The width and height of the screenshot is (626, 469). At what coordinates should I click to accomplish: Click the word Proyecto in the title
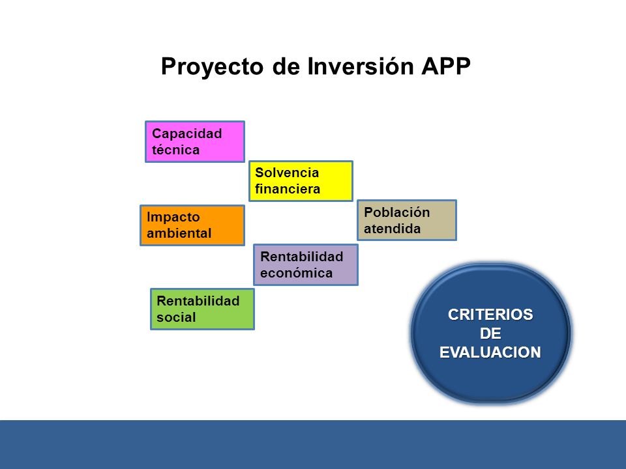click(212, 67)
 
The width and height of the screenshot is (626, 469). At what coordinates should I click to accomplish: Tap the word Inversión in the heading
click(361, 66)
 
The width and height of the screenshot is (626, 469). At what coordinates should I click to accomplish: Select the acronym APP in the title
click(446, 66)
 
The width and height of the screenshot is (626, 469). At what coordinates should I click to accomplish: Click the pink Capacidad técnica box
click(195, 141)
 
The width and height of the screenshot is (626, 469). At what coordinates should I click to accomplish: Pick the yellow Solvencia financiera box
click(301, 181)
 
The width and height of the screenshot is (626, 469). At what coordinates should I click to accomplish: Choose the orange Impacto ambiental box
click(192, 225)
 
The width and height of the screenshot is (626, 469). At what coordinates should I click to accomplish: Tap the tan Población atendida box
click(407, 220)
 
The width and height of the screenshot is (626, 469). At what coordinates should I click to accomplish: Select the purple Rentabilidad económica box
click(306, 265)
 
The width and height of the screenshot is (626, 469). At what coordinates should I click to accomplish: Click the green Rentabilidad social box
click(202, 309)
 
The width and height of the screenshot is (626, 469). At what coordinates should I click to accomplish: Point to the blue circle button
click(490, 334)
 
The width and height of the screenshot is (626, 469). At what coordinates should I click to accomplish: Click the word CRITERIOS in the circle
click(490, 315)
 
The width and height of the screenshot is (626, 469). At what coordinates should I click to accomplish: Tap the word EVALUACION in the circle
click(490, 352)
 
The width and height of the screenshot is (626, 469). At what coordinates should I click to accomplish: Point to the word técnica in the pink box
click(175, 150)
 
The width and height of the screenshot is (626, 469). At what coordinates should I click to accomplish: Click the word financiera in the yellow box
click(288, 189)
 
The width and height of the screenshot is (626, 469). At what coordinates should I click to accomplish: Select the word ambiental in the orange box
click(179, 233)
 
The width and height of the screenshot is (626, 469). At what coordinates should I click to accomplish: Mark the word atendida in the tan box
click(392, 229)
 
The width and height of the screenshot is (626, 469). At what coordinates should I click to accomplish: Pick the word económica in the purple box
click(296, 273)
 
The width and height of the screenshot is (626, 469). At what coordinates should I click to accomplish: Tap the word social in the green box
click(176, 317)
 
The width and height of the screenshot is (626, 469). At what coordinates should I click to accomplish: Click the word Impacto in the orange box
click(173, 218)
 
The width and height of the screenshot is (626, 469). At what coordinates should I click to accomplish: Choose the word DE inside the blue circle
click(490, 334)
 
